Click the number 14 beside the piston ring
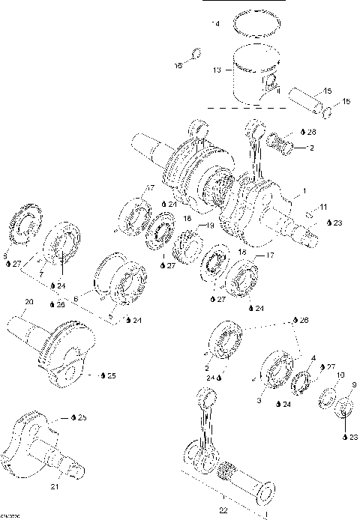[x=217, y=25]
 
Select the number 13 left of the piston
[x=217, y=71]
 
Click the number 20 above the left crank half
[x=28, y=302]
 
